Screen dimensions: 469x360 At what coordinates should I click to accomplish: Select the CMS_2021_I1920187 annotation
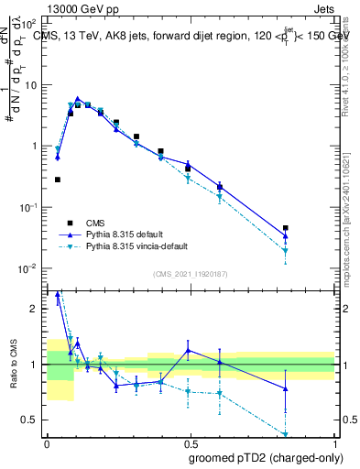tap(191, 274)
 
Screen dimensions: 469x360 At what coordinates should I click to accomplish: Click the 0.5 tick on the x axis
tap(191, 445)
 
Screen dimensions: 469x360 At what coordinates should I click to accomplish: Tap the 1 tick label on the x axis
tap(334, 445)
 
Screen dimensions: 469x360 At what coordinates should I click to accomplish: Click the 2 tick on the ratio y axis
tap(37, 309)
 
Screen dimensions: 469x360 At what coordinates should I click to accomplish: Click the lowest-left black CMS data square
tap(58, 180)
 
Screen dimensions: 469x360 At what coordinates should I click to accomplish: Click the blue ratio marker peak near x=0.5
tap(189, 350)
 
